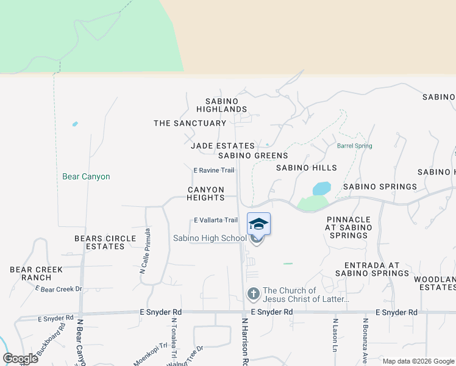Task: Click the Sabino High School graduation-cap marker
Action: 258,224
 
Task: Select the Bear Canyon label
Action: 86,177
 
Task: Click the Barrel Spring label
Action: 354,146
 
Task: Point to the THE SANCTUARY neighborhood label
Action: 190,123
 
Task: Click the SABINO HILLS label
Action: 306,168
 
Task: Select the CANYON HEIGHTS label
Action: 205,194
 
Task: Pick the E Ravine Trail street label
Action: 214,171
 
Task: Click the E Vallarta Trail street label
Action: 215,220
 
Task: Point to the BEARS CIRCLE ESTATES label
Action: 99,242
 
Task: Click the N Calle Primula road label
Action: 147,251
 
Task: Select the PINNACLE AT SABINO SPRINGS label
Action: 349,228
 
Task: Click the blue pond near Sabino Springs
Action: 321,188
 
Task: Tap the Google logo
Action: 20,359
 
